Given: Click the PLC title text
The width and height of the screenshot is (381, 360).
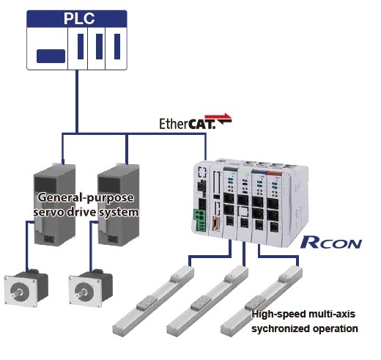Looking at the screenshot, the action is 79,18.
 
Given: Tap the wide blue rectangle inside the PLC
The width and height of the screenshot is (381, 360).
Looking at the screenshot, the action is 51,56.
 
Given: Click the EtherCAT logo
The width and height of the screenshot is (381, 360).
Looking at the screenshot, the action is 195,122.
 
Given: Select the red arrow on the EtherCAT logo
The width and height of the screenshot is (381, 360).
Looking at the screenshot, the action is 218,117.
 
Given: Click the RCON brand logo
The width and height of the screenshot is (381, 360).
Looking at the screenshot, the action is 331,242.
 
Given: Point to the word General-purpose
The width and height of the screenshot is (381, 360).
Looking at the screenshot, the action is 86,197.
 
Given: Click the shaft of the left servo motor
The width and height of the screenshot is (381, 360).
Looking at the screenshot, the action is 18,293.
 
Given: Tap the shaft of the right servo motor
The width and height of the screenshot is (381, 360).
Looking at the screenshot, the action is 82,293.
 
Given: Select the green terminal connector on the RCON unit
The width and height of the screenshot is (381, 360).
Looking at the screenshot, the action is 199,219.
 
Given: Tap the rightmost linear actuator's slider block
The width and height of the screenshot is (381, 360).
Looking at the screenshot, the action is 254,303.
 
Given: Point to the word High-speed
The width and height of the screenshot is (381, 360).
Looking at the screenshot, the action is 277,314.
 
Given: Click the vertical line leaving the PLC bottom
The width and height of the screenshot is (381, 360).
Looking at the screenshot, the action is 77,101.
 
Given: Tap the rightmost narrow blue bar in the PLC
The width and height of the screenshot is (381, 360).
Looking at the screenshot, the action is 117,47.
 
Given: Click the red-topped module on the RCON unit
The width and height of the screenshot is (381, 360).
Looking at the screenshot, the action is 274,207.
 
